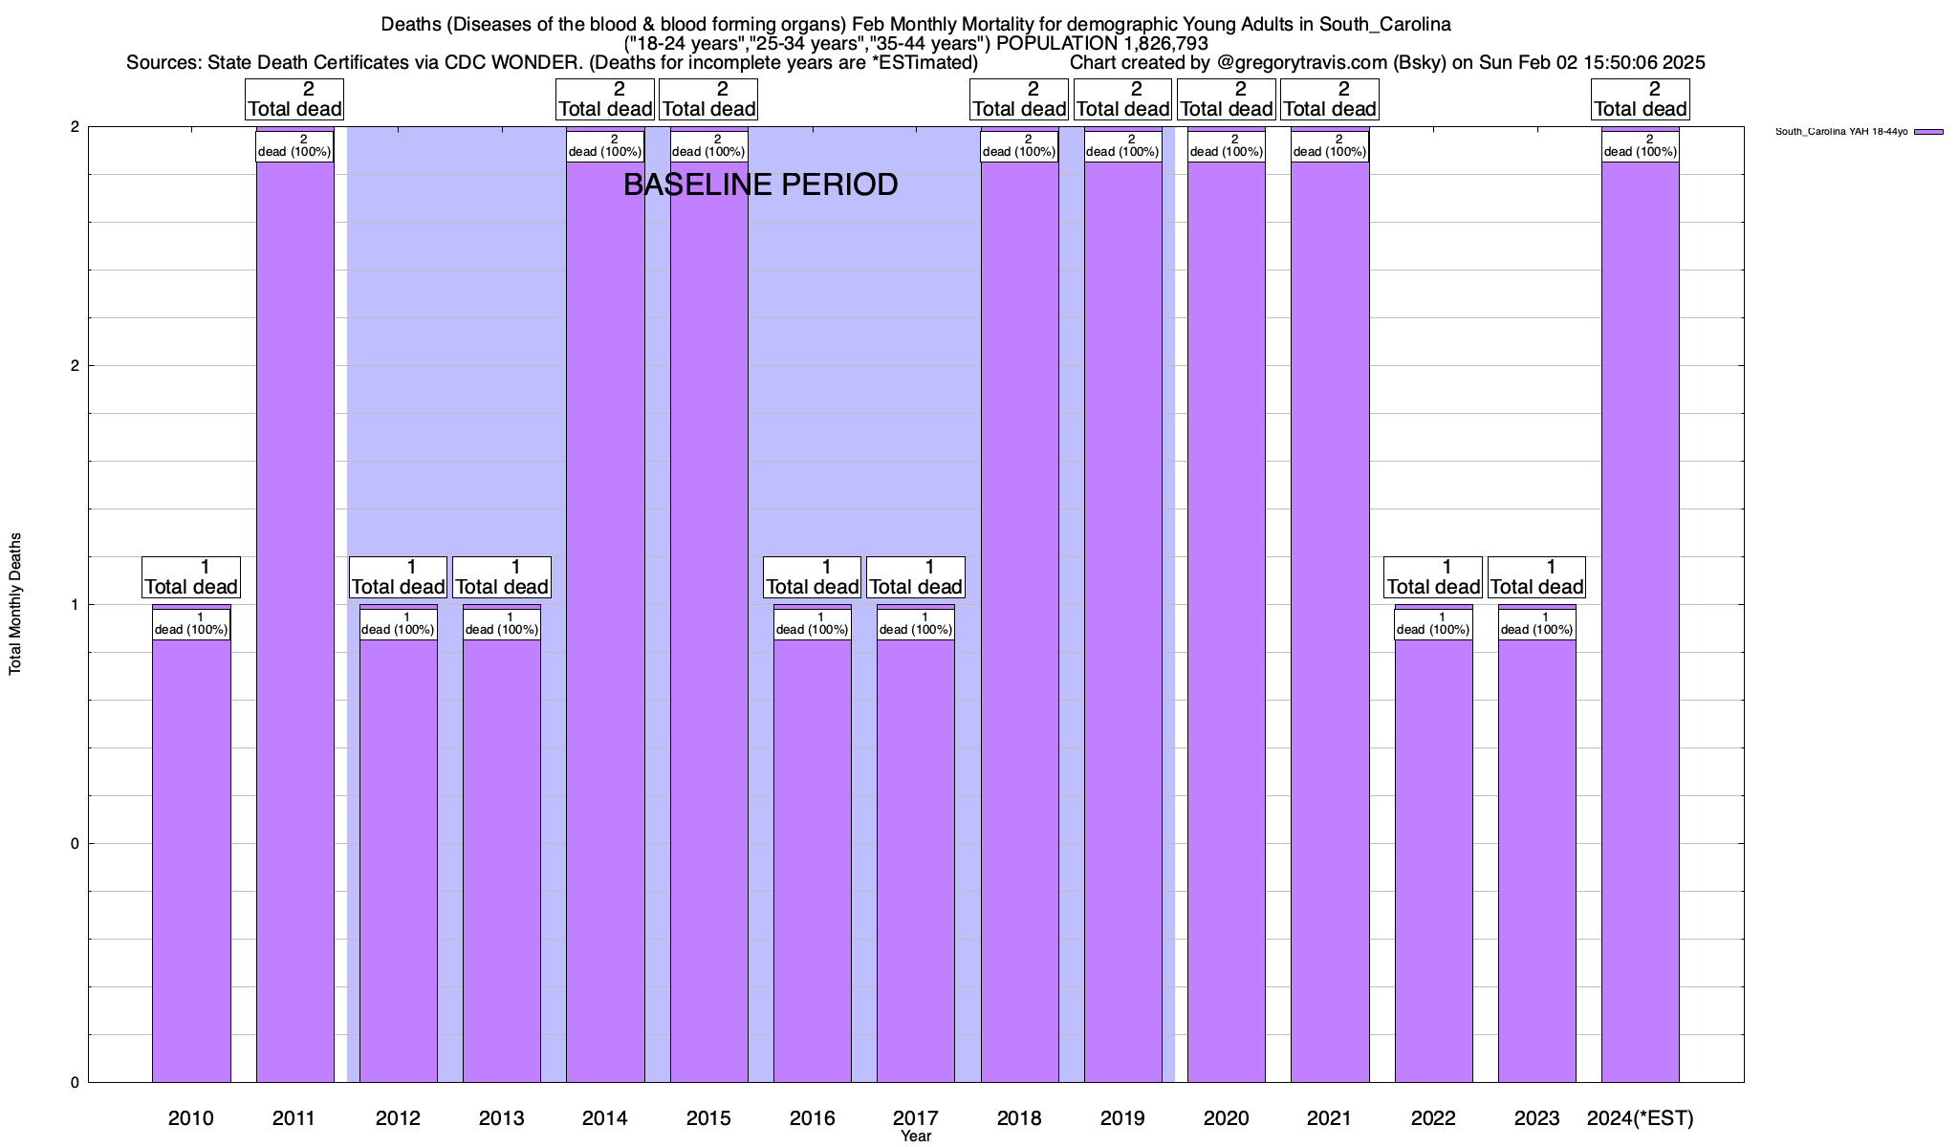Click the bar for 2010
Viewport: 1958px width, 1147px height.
[x=191, y=860]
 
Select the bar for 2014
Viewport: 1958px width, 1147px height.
[x=605, y=621]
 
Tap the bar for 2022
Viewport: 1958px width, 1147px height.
[x=1433, y=860]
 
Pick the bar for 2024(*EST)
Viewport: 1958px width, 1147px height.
[x=1640, y=621]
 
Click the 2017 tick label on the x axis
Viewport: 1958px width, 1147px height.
[x=916, y=1117]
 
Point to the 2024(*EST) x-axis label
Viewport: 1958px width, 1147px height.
[x=1640, y=1117]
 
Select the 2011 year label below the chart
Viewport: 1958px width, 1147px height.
[x=294, y=1117]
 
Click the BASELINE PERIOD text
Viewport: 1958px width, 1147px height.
[x=760, y=184]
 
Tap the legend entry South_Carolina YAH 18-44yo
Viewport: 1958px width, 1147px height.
[x=1841, y=132]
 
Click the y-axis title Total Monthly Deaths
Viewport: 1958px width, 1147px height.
[x=15, y=604]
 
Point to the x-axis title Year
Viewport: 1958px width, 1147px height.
[x=916, y=1136]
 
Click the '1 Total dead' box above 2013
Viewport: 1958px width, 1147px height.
[x=502, y=577]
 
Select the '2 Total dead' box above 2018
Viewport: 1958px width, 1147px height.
[x=1019, y=99]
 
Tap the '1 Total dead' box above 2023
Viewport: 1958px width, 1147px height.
[x=1536, y=577]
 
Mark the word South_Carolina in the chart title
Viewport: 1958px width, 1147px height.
[x=1385, y=24]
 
